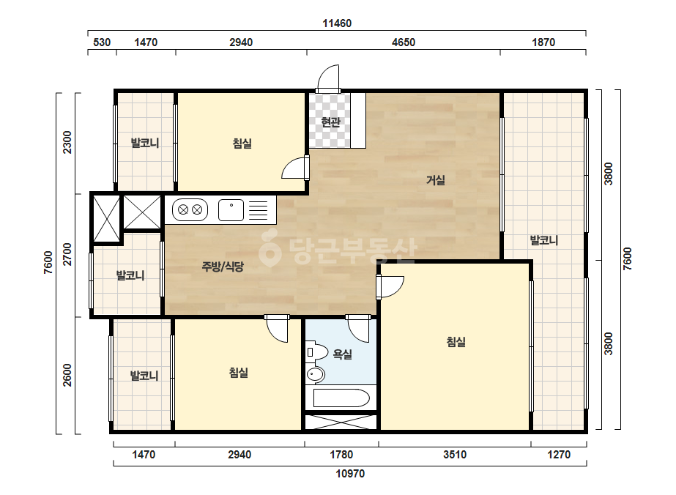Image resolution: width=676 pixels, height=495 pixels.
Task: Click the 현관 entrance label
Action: [330, 122]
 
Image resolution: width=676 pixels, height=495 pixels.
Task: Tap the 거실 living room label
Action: [436, 180]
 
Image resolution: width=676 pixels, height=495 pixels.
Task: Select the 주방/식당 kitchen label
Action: [223, 267]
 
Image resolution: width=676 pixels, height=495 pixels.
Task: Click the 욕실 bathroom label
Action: [342, 354]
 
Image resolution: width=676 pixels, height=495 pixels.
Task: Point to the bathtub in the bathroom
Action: [341, 398]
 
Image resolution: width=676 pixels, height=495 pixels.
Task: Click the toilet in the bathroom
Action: [317, 351]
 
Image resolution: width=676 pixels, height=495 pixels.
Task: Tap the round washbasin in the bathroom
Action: [316, 374]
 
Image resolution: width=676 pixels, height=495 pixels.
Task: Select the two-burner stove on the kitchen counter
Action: [190, 210]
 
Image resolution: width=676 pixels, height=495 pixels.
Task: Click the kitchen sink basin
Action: [231, 210]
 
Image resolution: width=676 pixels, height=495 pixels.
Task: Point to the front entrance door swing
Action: [328, 78]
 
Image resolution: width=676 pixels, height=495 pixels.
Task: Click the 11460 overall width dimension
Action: [337, 23]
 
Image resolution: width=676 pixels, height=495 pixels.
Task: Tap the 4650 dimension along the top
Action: [404, 42]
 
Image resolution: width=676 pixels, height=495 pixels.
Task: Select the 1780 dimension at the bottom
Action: [341, 455]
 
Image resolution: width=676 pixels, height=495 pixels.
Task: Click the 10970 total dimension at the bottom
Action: [350, 474]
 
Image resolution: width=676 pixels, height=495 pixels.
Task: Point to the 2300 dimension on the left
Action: [67, 142]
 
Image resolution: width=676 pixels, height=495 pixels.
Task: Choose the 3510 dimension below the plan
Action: [455, 455]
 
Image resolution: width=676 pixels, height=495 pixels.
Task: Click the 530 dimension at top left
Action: [102, 42]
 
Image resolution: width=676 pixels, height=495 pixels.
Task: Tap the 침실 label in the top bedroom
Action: [242, 143]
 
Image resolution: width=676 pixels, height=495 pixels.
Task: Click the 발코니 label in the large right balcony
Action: [544, 240]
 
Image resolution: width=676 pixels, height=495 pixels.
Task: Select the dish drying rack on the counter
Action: [259, 210]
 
